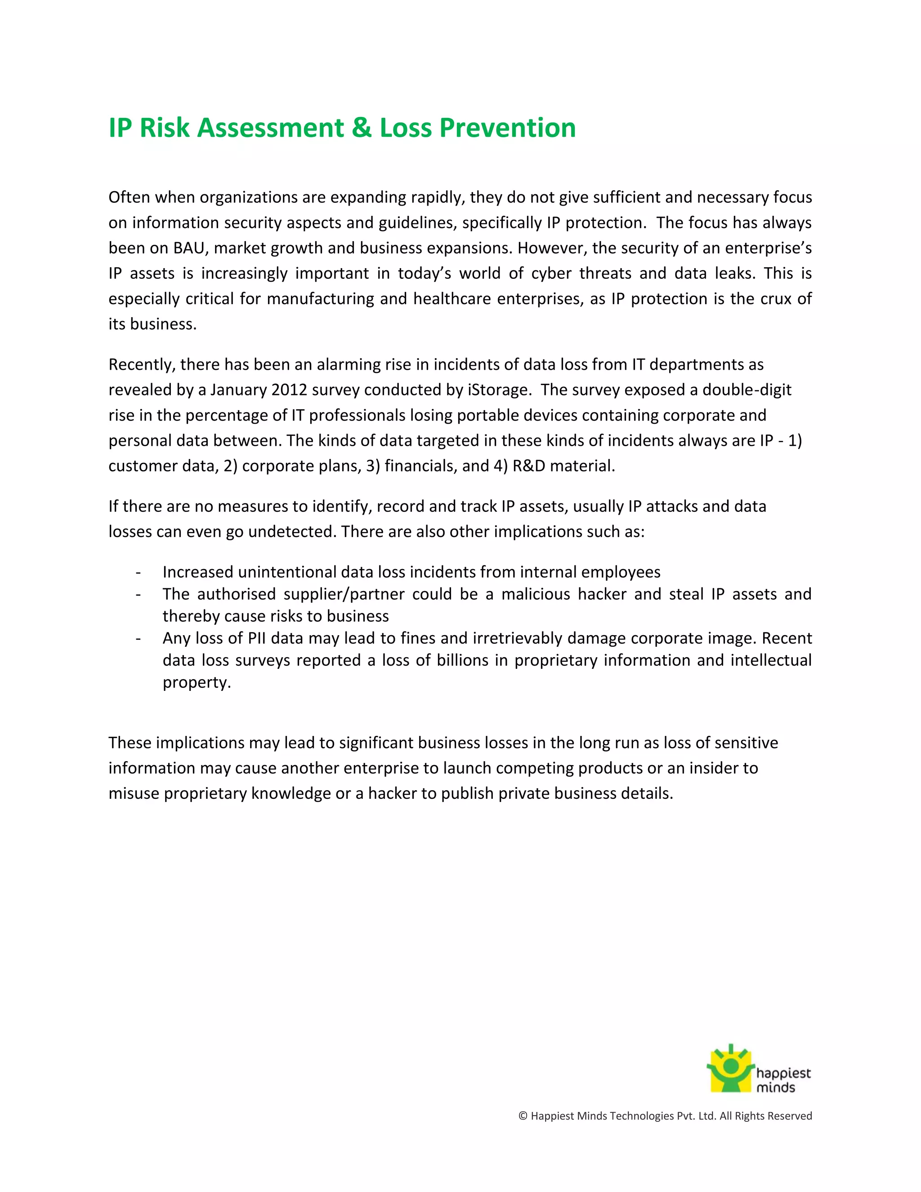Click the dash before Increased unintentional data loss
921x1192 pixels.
click(x=139, y=573)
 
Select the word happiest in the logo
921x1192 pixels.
click(x=783, y=1073)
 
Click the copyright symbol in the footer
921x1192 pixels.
click(x=523, y=1116)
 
